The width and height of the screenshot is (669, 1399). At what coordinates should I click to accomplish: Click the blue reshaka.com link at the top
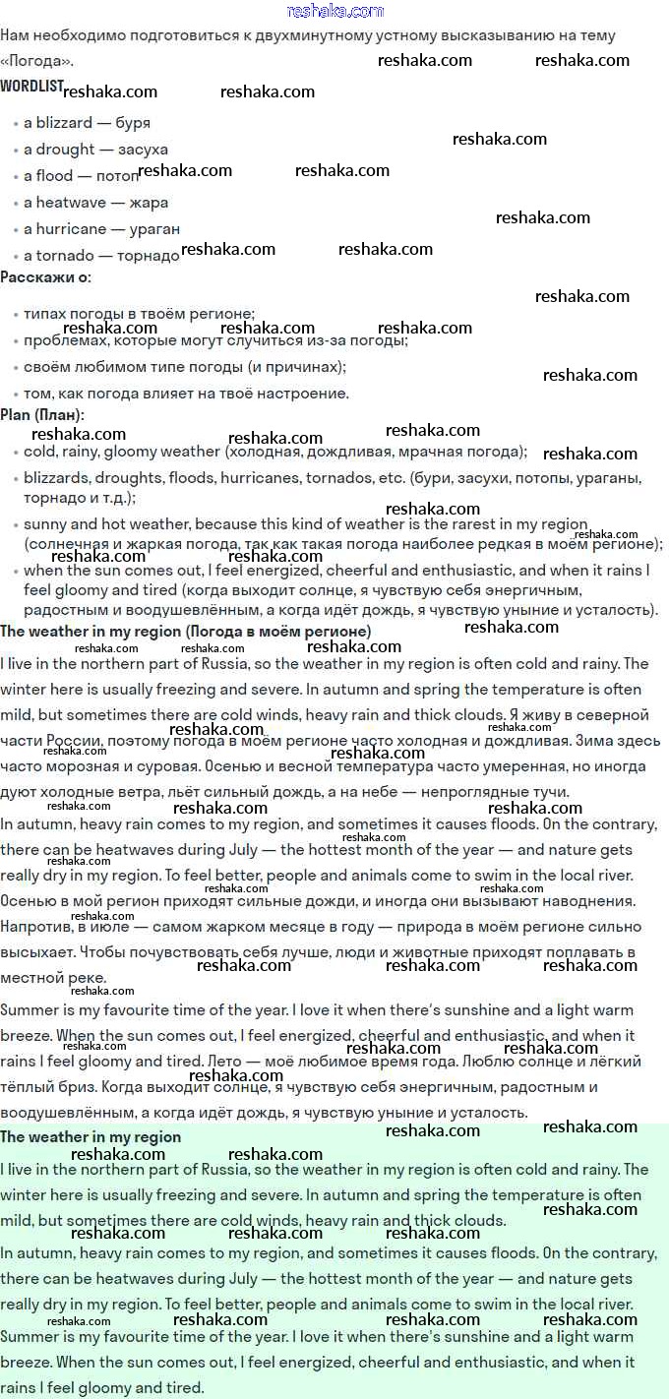(334, 11)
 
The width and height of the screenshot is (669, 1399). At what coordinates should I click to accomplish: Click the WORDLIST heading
(30, 86)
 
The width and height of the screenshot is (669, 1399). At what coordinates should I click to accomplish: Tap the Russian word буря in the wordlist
(133, 123)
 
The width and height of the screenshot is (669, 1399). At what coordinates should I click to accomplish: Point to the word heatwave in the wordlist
(74, 203)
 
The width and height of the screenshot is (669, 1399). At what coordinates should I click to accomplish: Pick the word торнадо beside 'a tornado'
(148, 256)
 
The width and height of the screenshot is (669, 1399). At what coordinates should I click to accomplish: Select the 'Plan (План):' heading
(42, 414)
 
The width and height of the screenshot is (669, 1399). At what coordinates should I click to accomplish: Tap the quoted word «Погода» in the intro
(35, 61)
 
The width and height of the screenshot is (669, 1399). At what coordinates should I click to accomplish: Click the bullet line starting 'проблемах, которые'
(215, 340)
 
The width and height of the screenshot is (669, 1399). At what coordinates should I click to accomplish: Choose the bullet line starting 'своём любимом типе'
(185, 367)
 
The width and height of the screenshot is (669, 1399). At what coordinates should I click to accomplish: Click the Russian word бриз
(89, 1087)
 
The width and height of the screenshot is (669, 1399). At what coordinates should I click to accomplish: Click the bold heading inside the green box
(91, 1136)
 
